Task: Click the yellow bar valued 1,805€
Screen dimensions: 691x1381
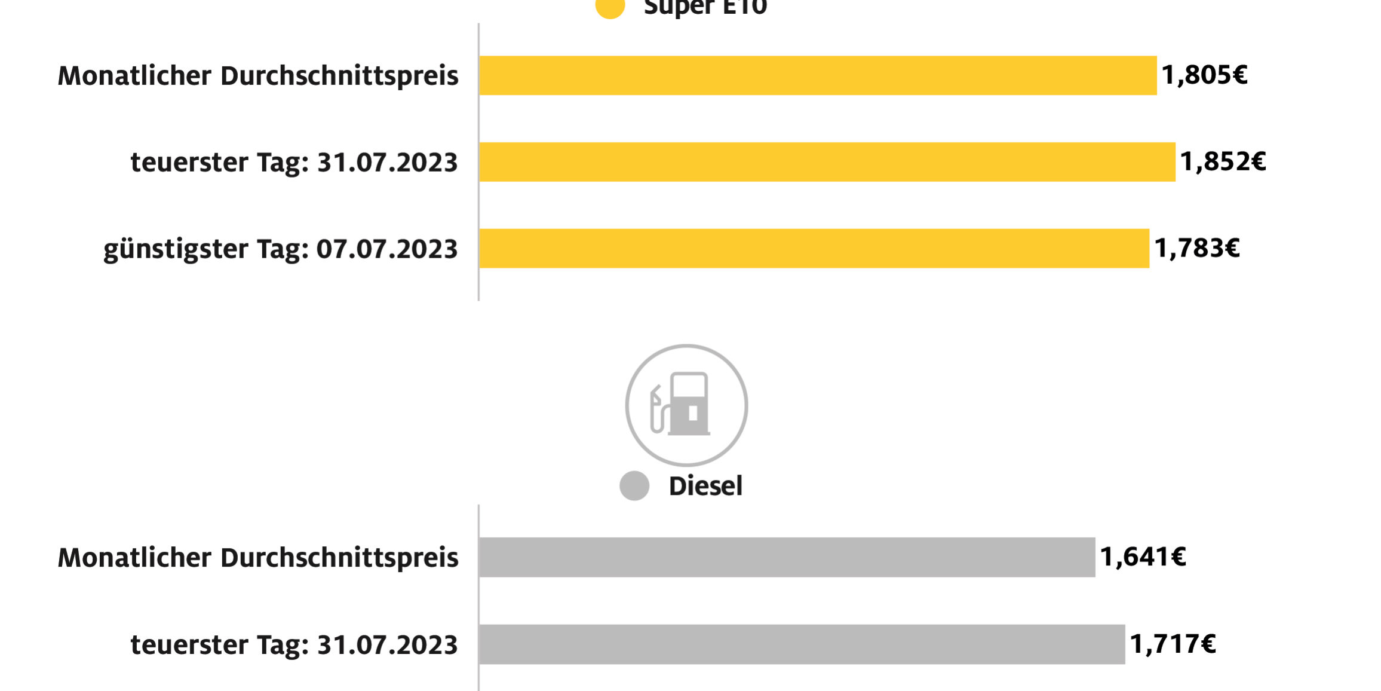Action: click(x=817, y=75)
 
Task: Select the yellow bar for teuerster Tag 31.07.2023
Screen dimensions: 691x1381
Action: click(x=827, y=162)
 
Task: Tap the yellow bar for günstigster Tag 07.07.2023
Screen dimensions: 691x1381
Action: click(x=814, y=249)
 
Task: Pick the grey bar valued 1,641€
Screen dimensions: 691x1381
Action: click(x=787, y=557)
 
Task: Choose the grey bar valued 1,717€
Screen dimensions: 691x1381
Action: click(x=802, y=644)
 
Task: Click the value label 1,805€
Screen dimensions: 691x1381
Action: click(x=1204, y=75)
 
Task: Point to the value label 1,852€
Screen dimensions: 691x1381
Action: click(x=1223, y=162)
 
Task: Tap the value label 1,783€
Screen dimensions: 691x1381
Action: click(x=1196, y=249)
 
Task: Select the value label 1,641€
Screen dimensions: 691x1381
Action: click(x=1143, y=557)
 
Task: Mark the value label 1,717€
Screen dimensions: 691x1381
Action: click(x=1173, y=644)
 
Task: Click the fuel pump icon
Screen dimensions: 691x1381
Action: click(x=686, y=405)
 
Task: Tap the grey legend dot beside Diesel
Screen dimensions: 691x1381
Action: click(x=634, y=485)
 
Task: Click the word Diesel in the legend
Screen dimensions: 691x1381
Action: click(x=705, y=486)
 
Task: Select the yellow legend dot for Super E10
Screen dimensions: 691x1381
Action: click(x=610, y=7)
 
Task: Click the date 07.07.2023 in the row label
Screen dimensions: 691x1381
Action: click(x=386, y=249)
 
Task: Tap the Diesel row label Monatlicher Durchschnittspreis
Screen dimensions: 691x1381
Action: click(x=258, y=558)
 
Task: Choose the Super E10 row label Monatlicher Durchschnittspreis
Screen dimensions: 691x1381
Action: click(x=258, y=76)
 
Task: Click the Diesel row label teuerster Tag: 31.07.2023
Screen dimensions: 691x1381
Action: click(x=294, y=645)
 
